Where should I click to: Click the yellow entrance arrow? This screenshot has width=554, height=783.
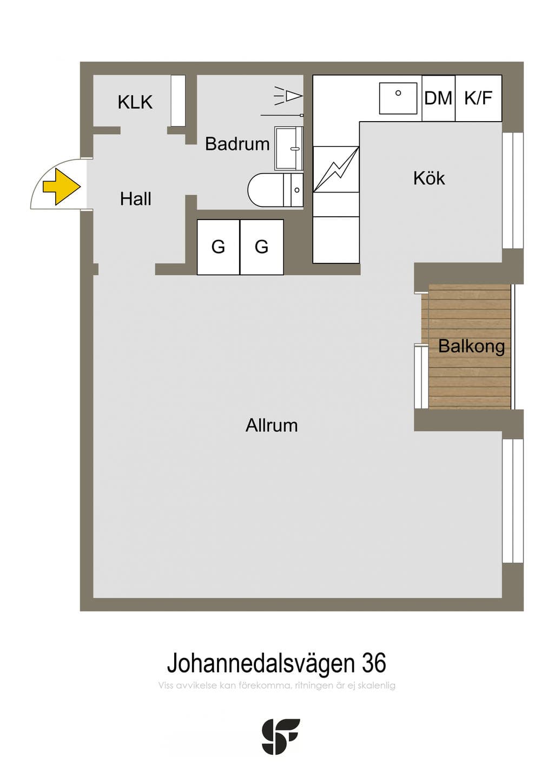tap(62, 187)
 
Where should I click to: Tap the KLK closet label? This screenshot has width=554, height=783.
tap(135, 102)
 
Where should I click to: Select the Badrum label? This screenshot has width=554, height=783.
tap(237, 144)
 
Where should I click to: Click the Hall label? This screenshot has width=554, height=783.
tap(135, 199)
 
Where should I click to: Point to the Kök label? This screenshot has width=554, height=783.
tap(429, 178)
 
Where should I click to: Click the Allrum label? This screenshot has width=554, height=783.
tap(272, 426)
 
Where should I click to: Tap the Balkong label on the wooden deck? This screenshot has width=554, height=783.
tap(471, 346)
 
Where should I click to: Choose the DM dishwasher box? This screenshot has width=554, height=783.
tap(439, 98)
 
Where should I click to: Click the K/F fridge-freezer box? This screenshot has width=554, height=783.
tap(478, 98)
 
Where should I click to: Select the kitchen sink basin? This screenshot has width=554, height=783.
tap(398, 98)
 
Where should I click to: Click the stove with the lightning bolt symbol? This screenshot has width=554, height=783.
tap(336, 169)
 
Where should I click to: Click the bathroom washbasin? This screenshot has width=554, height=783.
tap(289, 149)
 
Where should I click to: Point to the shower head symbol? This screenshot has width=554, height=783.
tap(288, 95)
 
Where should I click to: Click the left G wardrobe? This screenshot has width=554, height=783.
tap(219, 247)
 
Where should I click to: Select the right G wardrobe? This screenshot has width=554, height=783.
tap(262, 247)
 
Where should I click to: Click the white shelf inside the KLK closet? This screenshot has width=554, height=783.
tap(177, 101)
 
